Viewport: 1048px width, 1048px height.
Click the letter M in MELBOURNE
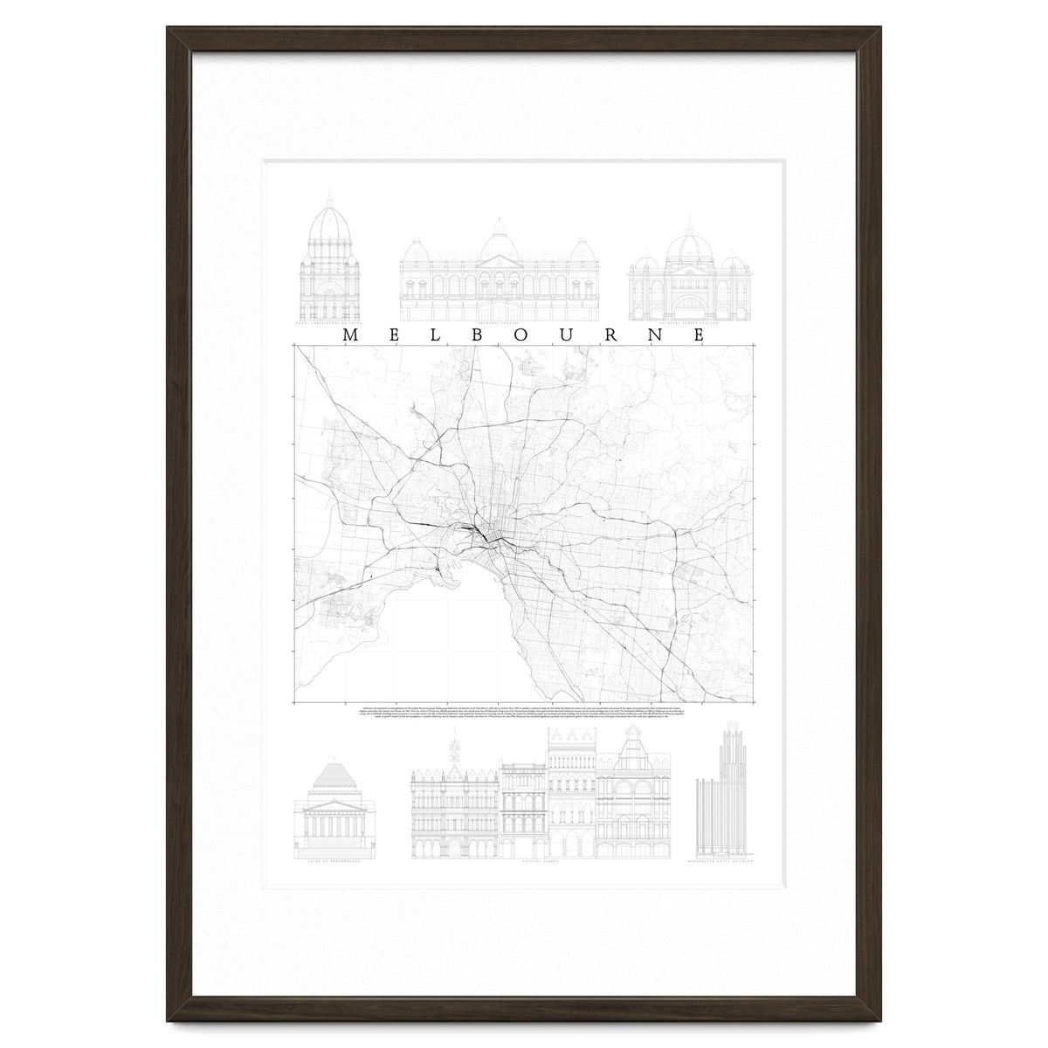point(349,334)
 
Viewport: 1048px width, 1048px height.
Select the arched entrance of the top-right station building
point(688,305)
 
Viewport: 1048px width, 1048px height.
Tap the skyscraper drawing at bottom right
point(722,790)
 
